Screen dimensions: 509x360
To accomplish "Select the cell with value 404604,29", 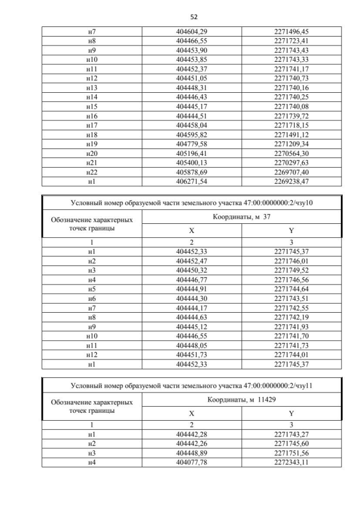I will click(x=192, y=33).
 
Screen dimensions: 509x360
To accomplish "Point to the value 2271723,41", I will click(x=291, y=42).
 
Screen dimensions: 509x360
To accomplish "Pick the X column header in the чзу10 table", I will click(x=192, y=231).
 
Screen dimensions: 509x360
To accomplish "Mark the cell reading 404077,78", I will click(x=192, y=463).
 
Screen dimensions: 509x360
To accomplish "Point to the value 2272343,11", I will click(x=291, y=463).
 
